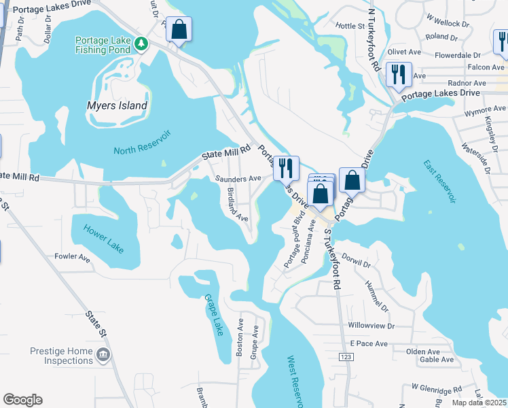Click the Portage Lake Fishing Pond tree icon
pos(141,44)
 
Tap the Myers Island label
pos(117,105)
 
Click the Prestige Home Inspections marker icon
pos(103,354)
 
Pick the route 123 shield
pos(348,358)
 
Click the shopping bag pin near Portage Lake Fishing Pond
pos(179,29)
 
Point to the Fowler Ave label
pos(73,258)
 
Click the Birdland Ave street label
pos(238,205)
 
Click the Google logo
pos(22,400)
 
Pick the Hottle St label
pos(350,26)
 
